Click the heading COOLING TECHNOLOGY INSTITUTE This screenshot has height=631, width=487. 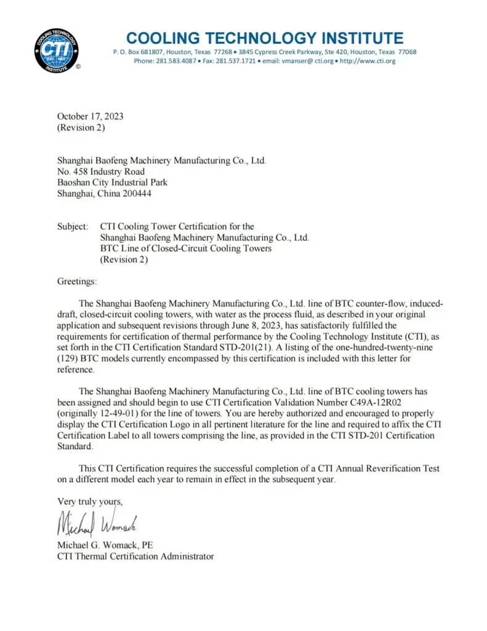coord(265,38)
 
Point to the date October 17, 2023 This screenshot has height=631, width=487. coord(90,116)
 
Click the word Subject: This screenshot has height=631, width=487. coord(73,227)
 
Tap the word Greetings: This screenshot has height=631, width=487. coord(77,281)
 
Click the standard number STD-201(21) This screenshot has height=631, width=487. coord(268,347)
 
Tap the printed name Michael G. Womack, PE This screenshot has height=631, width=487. coord(105,545)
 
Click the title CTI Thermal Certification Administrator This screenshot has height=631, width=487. coord(135,556)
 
